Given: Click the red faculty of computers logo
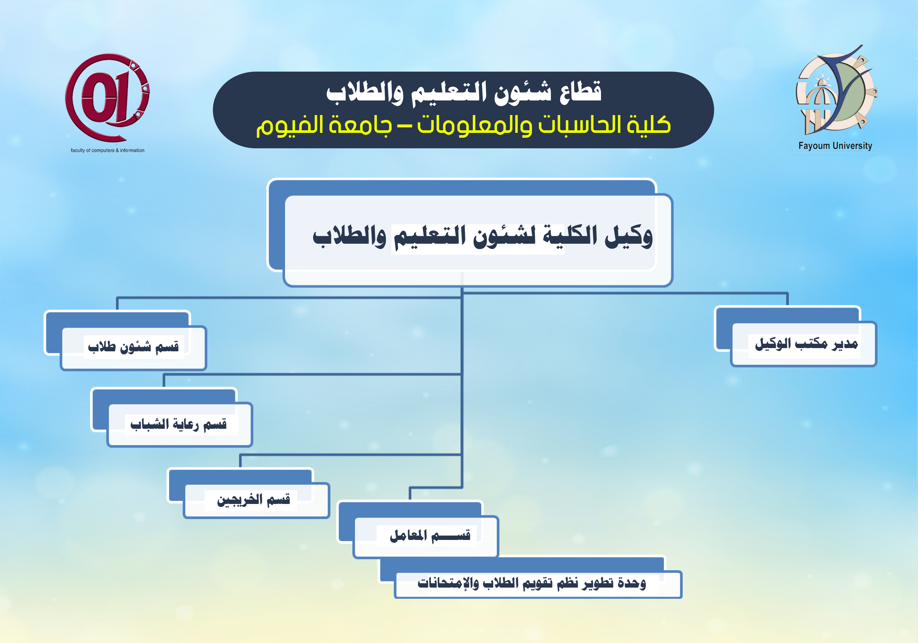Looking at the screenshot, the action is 107,98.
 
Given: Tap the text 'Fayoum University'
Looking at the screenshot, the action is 835,146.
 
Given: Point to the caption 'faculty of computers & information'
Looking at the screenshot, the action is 108,150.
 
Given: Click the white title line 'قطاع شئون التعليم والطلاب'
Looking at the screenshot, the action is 464,93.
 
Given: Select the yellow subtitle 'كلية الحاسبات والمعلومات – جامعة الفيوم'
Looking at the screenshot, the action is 463,125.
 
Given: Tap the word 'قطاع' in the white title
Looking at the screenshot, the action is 580,92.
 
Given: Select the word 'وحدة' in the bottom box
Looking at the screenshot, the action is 632,583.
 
